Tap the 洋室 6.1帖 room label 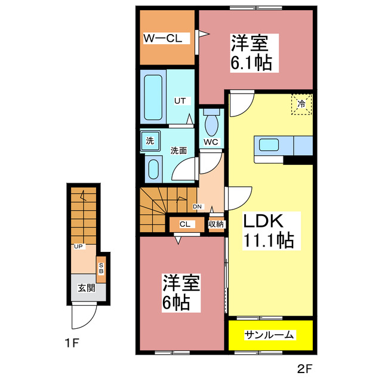251,53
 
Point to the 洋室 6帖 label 181,292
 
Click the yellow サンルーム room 269,335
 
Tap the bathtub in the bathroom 153,97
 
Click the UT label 179,101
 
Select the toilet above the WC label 211,125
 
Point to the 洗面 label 178,150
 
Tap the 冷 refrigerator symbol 301,104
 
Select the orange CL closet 184,224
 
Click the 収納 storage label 215,224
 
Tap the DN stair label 198,207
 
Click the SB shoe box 101,268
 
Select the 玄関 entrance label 86,287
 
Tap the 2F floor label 304,366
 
